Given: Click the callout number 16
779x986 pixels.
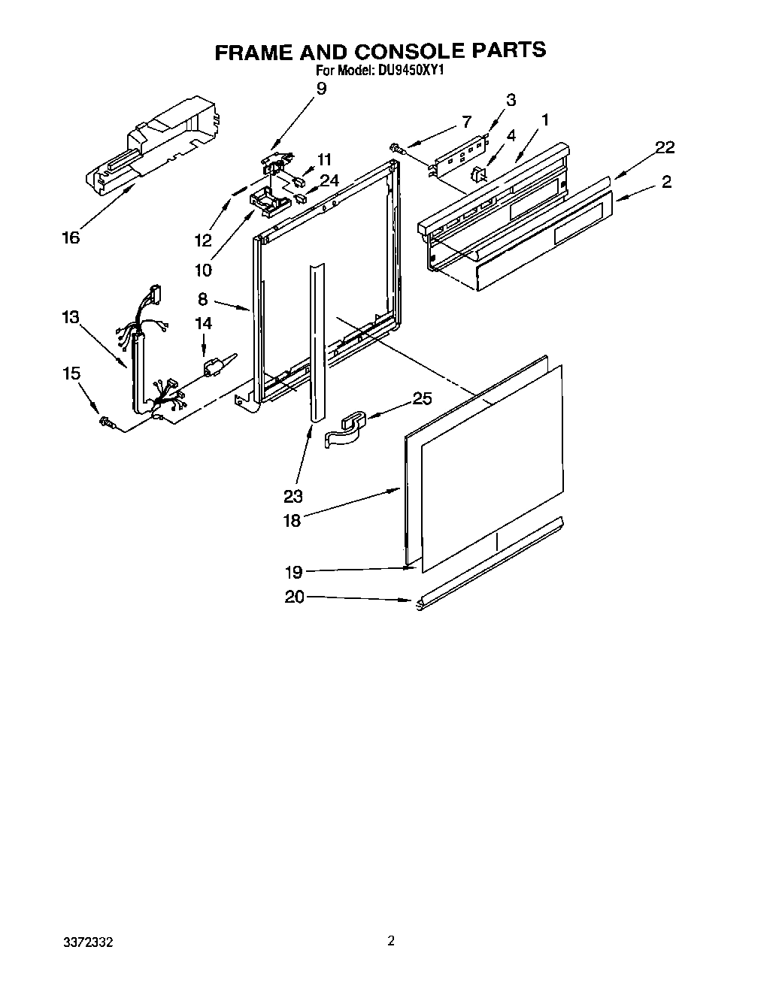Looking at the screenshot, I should [x=71, y=237].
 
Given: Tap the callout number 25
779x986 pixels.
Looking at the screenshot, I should [x=423, y=398].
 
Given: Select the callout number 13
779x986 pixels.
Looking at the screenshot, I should [x=70, y=318].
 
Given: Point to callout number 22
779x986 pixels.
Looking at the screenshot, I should [x=664, y=147].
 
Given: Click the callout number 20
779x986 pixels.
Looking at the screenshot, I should [x=294, y=597].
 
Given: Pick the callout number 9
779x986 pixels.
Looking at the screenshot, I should [x=321, y=89].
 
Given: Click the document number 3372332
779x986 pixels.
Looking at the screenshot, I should [x=88, y=942].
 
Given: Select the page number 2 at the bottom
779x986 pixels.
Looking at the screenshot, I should [x=390, y=940].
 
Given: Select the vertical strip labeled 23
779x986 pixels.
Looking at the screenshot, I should [x=316, y=338].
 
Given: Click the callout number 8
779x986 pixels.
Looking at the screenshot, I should [x=203, y=299].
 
